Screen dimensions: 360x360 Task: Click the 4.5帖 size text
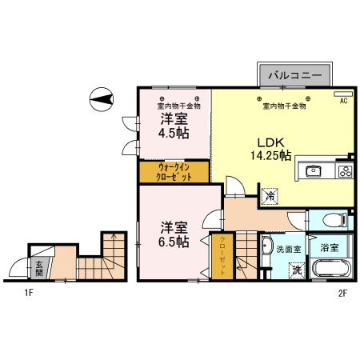point(173,134)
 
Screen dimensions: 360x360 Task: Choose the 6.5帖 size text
point(173,239)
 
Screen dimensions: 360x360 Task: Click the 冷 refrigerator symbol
point(270,194)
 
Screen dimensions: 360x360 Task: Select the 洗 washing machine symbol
point(295,270)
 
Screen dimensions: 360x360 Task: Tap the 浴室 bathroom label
point(329,248)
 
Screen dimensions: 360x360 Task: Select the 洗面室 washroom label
point(288,249)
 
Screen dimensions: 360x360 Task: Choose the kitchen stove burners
point(346,170)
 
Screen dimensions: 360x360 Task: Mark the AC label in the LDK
point(343,102)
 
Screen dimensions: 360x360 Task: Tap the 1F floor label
point(28,293)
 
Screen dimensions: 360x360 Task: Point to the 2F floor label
point(342,293)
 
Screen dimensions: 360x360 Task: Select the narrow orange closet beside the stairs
point(225,256)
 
